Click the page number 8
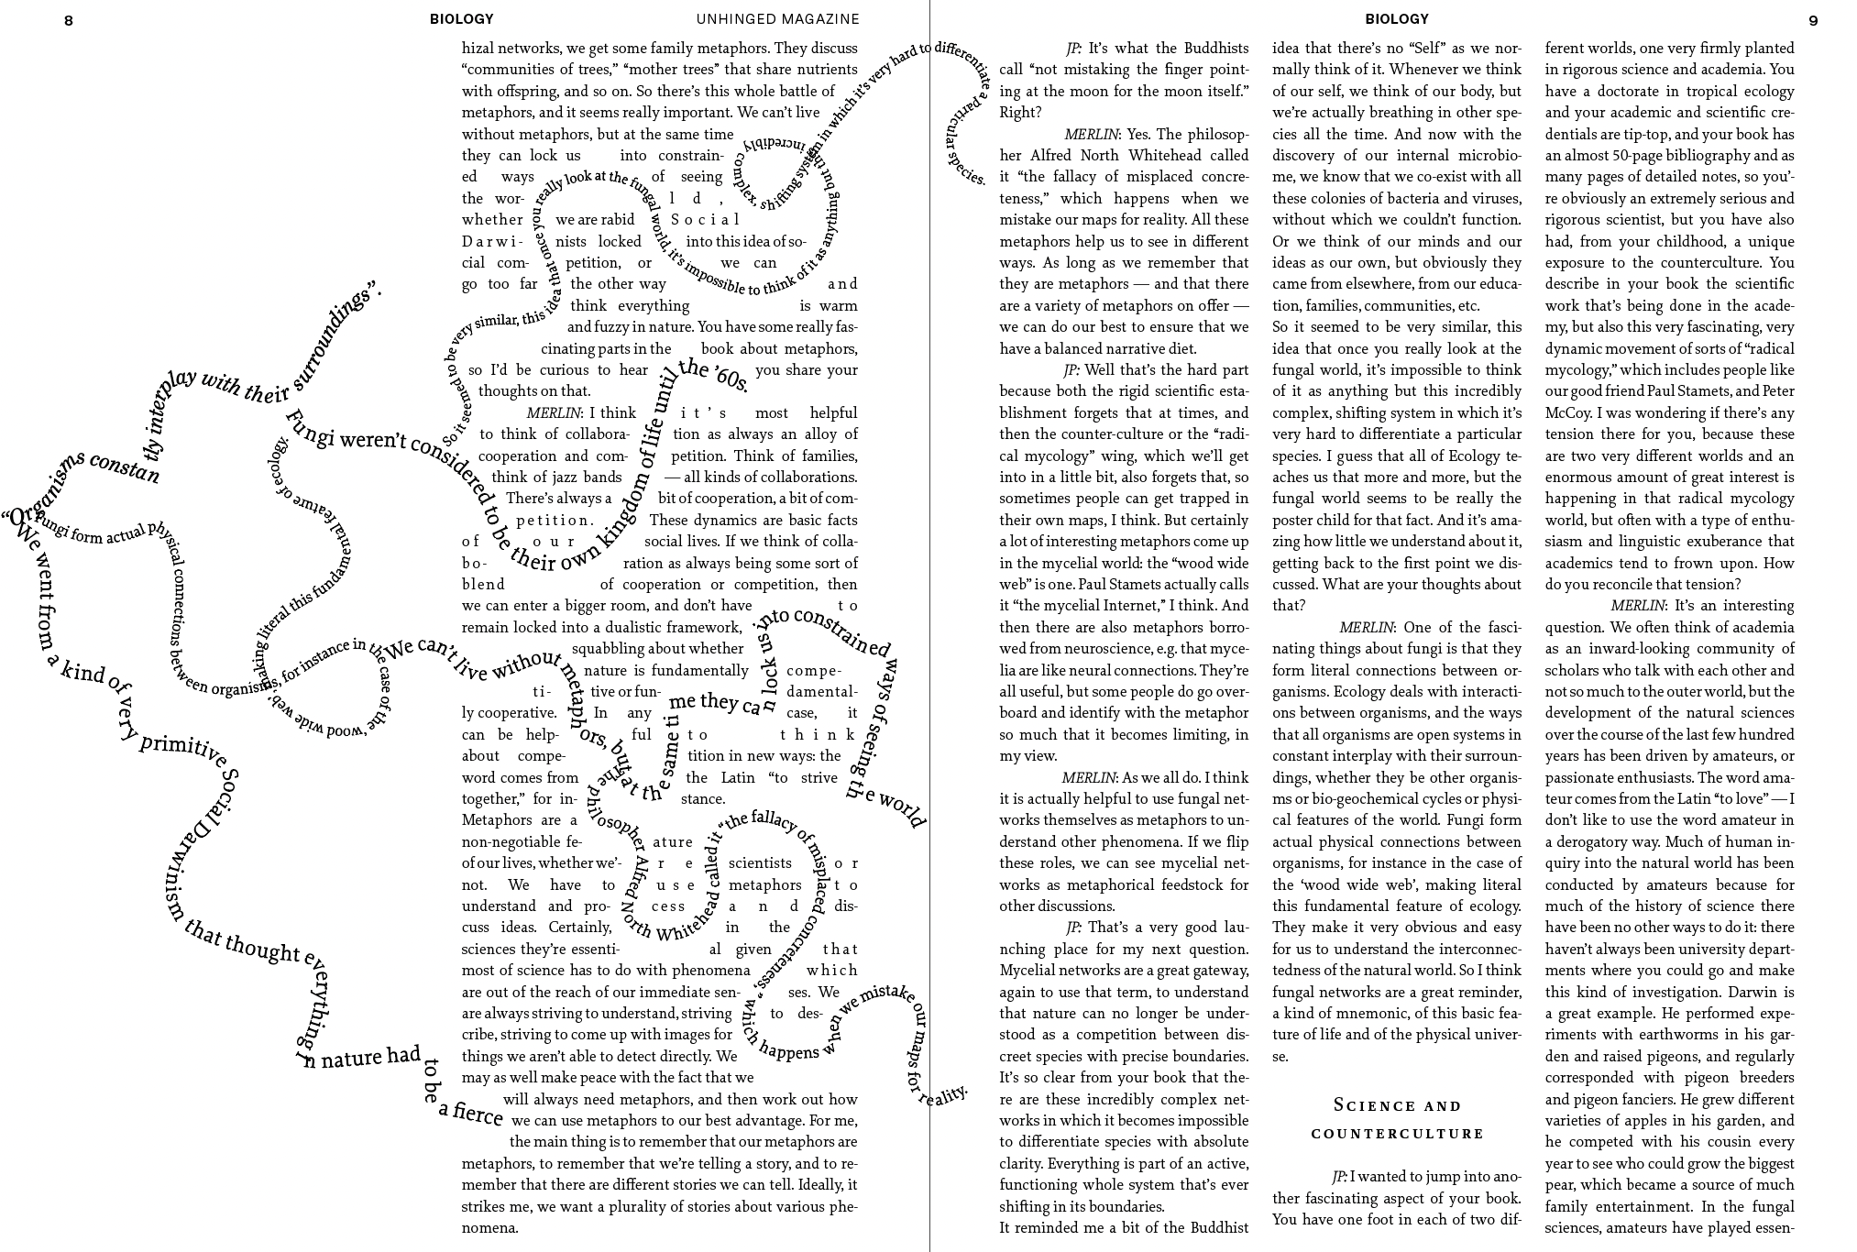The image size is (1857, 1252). pyautogui.click(x=69, y=20)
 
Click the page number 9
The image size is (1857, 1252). pyautogui.click(x=1813, y=20)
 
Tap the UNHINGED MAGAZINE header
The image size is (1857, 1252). pyautogui.click(x=777, y=18)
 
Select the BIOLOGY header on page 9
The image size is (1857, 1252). pyautogui.click(x=1396, y=18)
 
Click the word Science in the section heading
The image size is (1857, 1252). pyautogui.click(x=1364, y=1105)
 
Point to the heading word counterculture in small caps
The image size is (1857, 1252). pyautogui.click(x=1397, y=1134)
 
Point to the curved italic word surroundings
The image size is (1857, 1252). pyautogui.click(x=336, y=336)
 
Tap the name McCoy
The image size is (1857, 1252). pyautogui.click(x=1567, y=412)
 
